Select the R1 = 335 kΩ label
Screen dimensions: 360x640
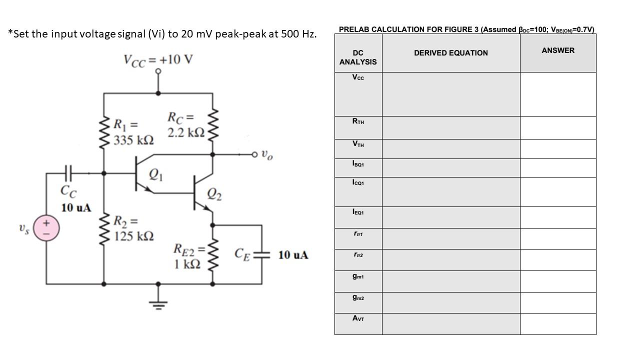[133, 132]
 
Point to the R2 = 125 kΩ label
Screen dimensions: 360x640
[133, 228]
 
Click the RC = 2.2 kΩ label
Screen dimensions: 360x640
[185, 125]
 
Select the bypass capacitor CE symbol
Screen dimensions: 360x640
[261, 254]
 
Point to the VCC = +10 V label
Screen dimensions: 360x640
[158, 60]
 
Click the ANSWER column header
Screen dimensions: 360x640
[558, 50]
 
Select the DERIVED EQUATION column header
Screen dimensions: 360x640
[450, 53]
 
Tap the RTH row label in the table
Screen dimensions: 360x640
[358, 121]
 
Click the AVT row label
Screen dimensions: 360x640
[358, 318]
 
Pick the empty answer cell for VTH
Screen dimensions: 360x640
[558, 149]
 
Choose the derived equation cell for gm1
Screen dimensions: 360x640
[450, 281]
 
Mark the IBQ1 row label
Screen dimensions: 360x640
[358, 163]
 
